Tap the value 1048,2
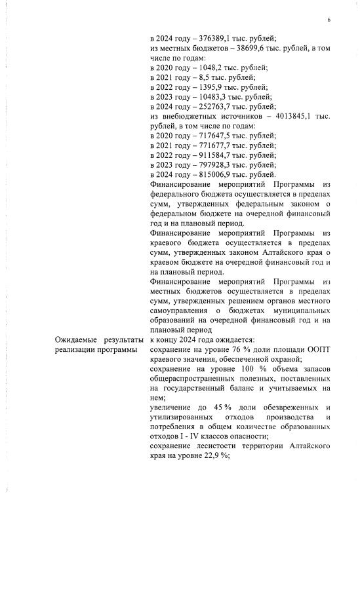(210, 67)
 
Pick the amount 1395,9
(210, 87)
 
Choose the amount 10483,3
(212, 97)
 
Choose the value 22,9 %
(210, 457)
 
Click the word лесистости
(216, 447)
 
